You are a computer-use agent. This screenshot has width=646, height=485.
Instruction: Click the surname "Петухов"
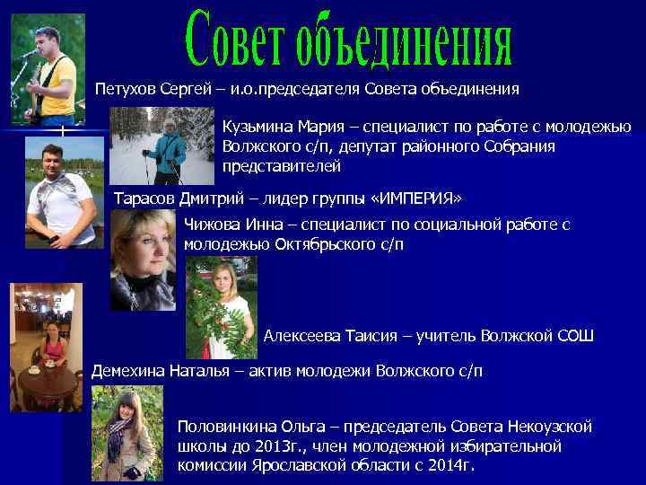[126, 90]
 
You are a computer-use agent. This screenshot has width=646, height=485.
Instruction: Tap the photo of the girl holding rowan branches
[221, 306]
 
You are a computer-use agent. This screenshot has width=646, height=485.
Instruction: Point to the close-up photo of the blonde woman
[143, 260]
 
